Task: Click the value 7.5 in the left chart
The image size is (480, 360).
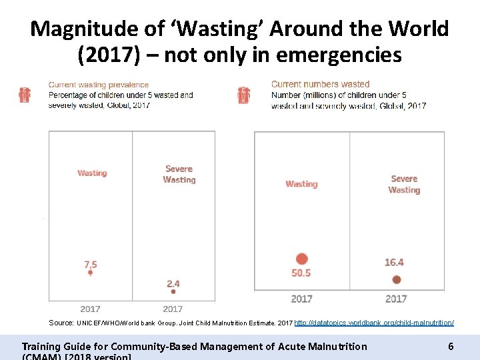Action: pyautogui.click(x=91, y=264)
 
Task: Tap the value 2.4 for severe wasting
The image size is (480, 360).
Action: pyautogui.click(x=173, y=283)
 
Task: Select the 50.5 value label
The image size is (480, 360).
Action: pyautogui.click(x=301, y=273)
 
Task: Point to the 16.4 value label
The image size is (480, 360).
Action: pyautogui.click(x=394, y=262)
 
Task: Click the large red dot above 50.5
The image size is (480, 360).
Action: pyautogui.click(x=302, y=259)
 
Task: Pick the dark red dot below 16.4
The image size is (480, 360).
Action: pyautogui.click(x=397, y=279)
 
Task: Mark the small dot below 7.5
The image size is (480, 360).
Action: pyautogui.click(x=91, y=273)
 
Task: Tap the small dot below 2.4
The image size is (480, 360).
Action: pyautogui.click(x=173, y=291)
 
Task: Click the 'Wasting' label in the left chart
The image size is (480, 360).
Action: pyautogui.click(x=92, y=173)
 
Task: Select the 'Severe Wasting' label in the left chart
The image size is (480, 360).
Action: pyautogui.click(x=179, y=174)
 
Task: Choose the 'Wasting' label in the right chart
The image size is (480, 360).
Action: pyautogui.click(x=301, y=184)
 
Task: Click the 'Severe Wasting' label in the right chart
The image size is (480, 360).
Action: pyautogui.click(x=404, y=184)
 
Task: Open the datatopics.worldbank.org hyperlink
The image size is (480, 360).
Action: pyautogui.click(x=374, y=323)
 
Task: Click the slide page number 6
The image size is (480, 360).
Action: pyautogui.click(x=451, y=346)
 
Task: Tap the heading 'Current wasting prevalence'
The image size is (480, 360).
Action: pyautogui.click(x=98, y=85)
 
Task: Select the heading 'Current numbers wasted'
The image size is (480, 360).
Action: pyautogui.click(x=320, y=84)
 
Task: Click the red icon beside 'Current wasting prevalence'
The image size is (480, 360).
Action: pyautogui.click(x=25, y=95)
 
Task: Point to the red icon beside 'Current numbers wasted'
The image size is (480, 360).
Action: pyautogui.click(x=244, y=95)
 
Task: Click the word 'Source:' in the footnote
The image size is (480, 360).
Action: pyautogui.click(x=61, y=323)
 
